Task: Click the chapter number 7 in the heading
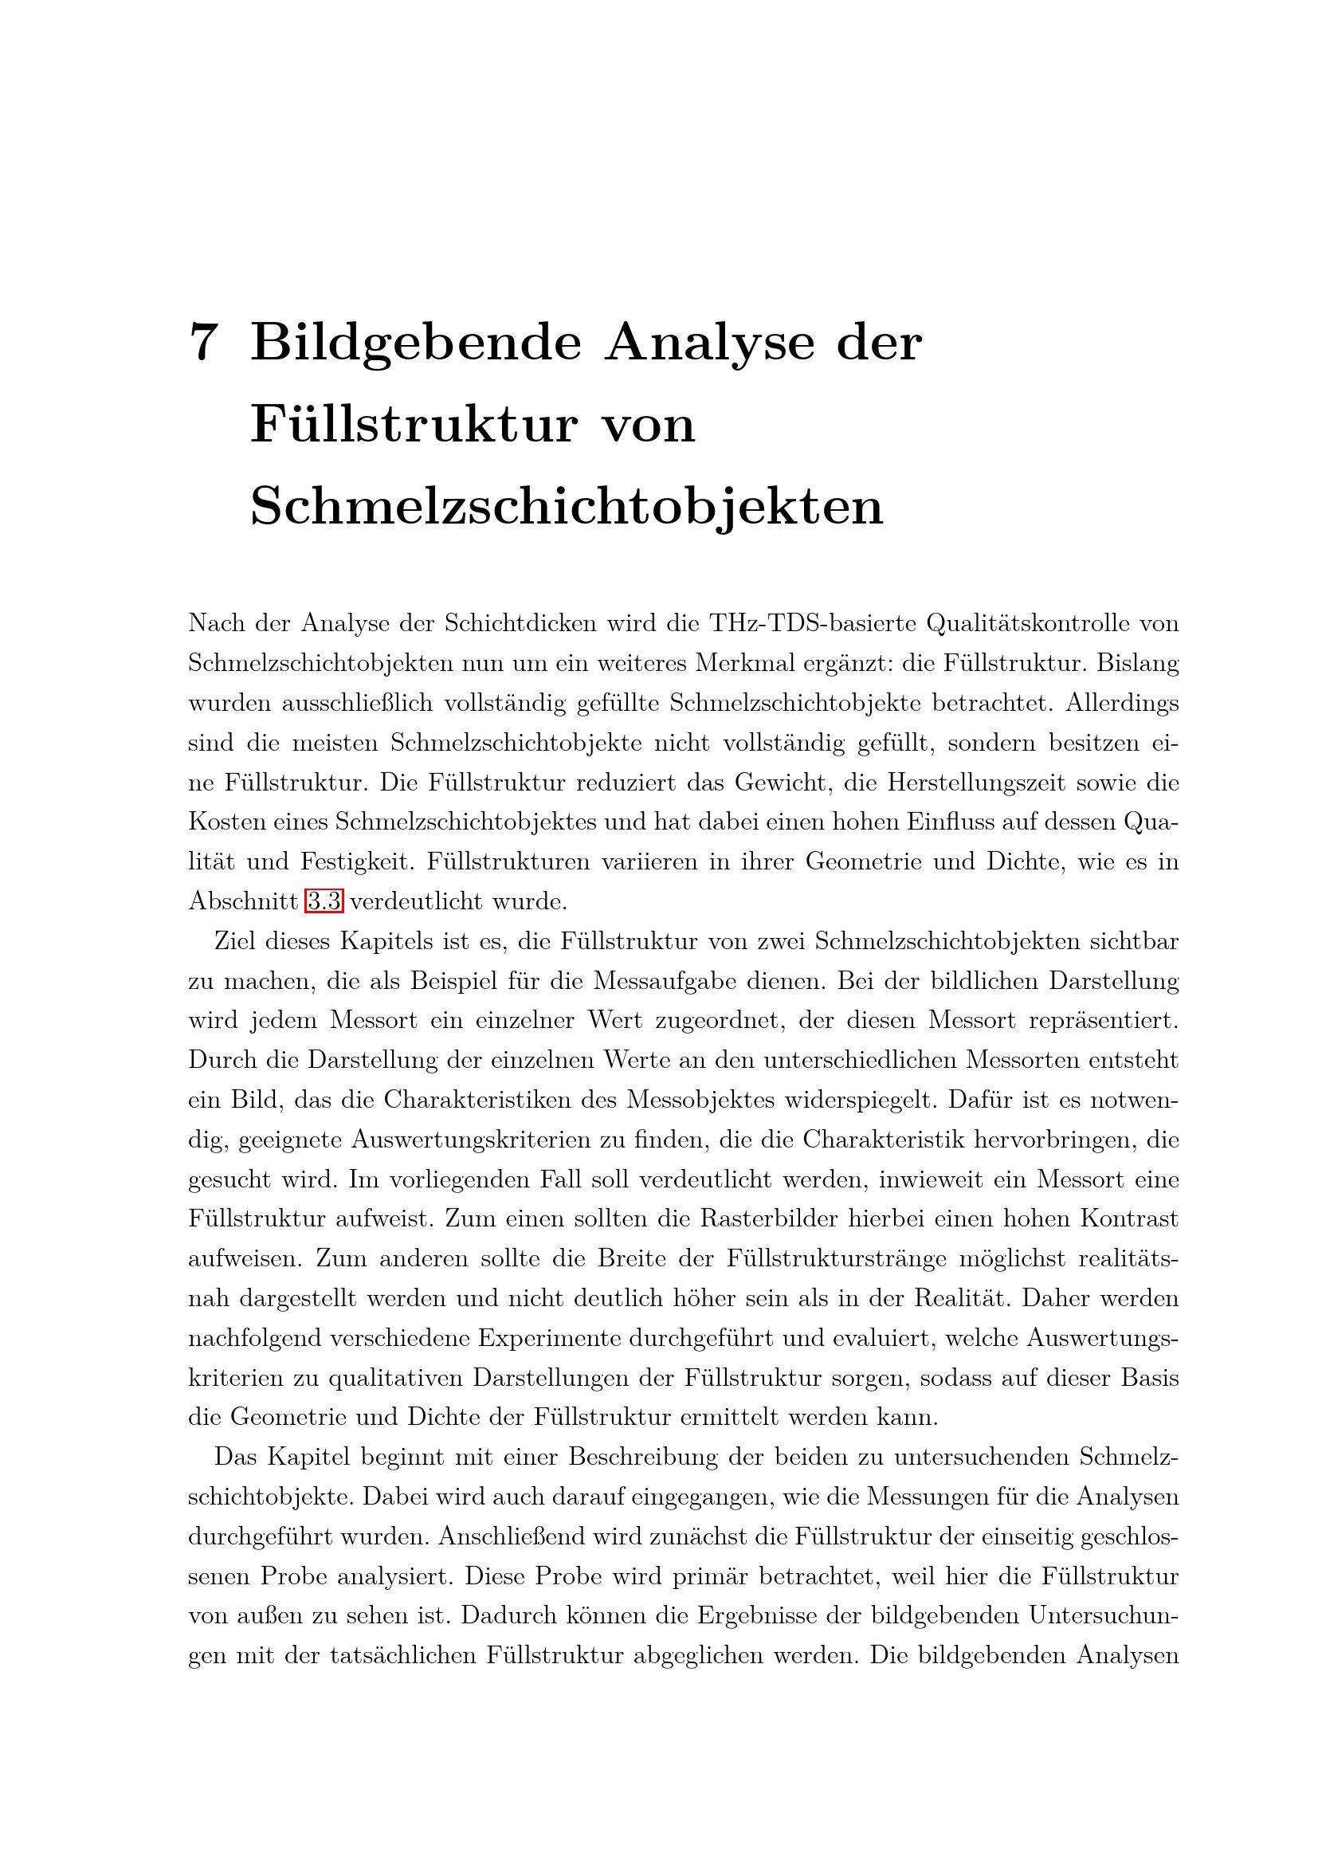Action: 204,342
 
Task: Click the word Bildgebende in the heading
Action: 415,343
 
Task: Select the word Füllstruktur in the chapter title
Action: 414,424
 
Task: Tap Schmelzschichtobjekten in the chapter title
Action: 567,507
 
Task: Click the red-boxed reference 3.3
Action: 324,901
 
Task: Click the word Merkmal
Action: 745,662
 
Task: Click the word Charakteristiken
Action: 499,1100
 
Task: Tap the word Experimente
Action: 547,1338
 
